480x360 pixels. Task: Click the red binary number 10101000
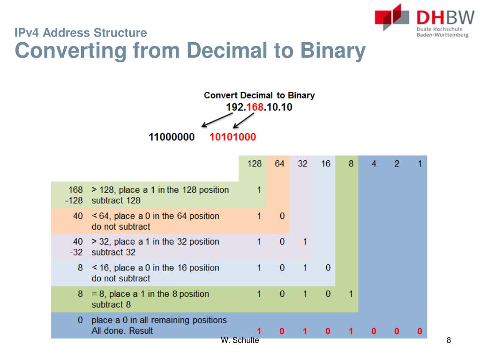point(232,137)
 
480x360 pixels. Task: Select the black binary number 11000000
point(172,137)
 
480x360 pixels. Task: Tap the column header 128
point(255,164)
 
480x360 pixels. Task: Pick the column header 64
point(279,164)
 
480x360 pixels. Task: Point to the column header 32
point(303,164)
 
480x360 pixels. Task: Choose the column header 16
point(326,164)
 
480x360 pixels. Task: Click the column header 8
point(351,164)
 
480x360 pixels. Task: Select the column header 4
point(374,164)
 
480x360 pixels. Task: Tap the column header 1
point(420,164)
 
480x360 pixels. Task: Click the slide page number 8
point(449,340)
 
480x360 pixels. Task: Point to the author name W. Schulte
point(240,340)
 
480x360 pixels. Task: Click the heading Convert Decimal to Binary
point(259,95)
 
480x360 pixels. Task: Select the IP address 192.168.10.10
point(259,107)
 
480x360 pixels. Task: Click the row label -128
point(75,200)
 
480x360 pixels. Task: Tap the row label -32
point(76,252)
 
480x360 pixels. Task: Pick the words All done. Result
point(122,330)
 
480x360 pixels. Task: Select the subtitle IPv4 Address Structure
point(81,33)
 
